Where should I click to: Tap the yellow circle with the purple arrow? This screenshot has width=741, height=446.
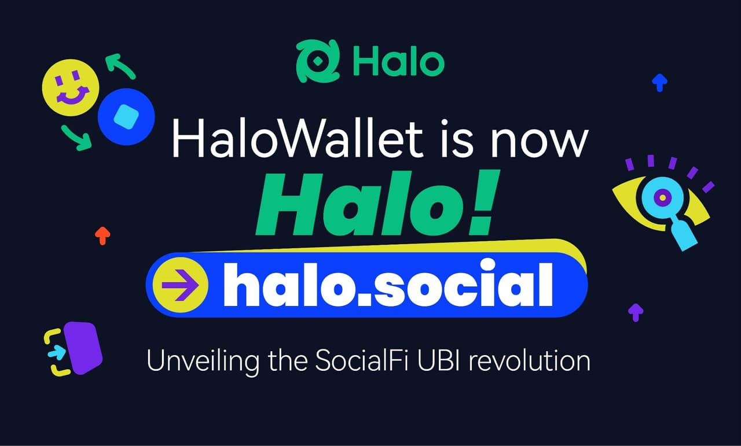tap(181, 285)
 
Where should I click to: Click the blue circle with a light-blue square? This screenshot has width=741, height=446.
tap(126, 116)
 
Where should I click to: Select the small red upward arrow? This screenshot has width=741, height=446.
tap(102, 235)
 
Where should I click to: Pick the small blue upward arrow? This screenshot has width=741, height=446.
tap(659, 82)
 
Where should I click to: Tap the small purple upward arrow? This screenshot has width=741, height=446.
tap(636, 312)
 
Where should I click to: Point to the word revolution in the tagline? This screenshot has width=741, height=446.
tap(533, 361)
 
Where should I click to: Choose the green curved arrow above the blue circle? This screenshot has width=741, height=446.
tap(120, 65)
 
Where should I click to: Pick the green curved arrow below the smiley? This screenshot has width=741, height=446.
tap(78, 137)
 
